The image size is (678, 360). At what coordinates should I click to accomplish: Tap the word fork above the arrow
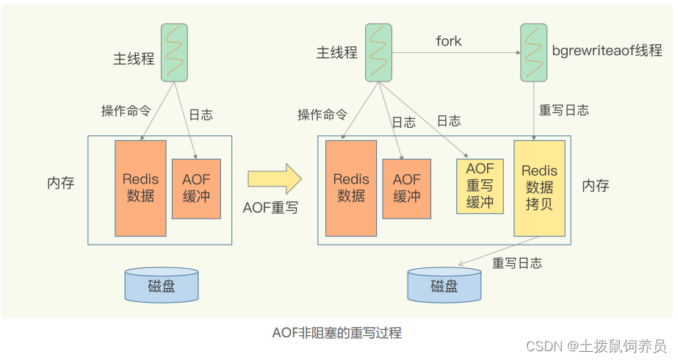(x=448, y=41)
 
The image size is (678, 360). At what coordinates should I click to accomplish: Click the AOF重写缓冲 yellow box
(x=480, y=186)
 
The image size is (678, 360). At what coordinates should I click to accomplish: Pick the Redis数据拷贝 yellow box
(x=539, y=189)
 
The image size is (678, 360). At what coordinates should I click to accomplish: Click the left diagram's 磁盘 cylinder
(x=162, y=285)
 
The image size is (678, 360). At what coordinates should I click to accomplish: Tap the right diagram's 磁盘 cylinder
(x=444, y=285)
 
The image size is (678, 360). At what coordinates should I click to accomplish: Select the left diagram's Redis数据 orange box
(x=140, y=187)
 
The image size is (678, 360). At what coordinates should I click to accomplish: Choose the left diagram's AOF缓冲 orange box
(x=196, y=187)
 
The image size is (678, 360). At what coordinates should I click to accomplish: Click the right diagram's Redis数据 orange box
(x=351, y=188)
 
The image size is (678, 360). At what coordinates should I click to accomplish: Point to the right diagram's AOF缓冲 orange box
(x=407, y=188)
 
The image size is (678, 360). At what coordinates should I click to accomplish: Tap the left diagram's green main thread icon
(x=173, y=52)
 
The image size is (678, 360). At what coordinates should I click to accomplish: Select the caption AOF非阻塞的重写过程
(x=337, y=332)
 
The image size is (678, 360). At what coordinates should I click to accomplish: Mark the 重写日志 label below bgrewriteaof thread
(x=564, y=110)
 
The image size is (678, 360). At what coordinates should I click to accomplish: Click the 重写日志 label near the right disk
(x=518, y=262)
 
